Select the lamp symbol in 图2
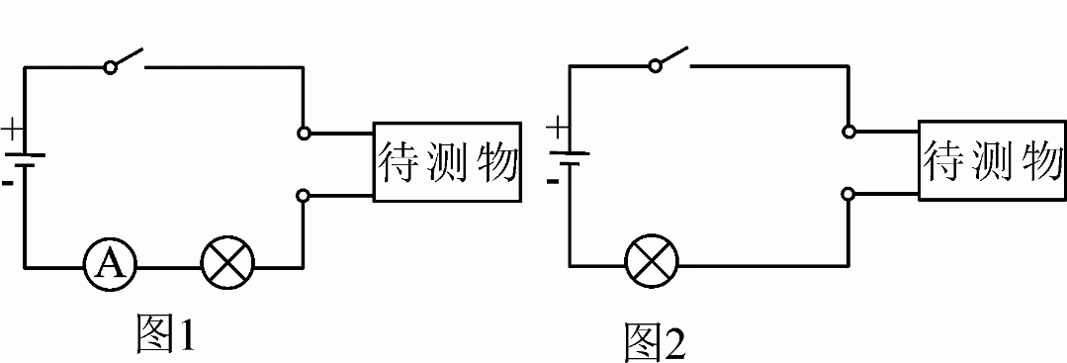coord(653,264)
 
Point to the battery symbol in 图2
coord(570,158)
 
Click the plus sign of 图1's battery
coord(11,130)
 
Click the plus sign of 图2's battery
coord(558,127)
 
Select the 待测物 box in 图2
coord(992,160)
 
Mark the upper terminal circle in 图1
coord(304,132)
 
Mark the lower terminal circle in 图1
coord(304,196)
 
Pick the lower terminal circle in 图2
coord(848,194)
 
